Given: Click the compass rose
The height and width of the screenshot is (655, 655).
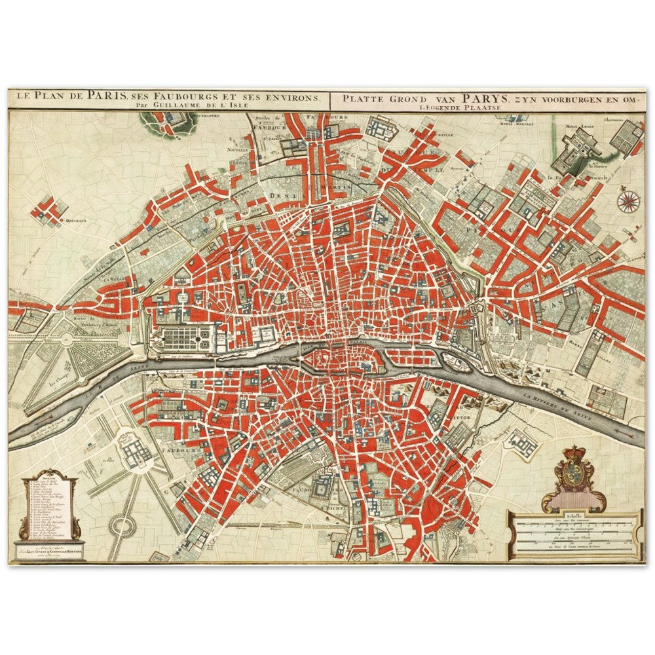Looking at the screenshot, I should click(x=628, y=200).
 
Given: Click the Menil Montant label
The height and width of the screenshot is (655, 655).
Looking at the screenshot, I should click(x=512, y=122).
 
